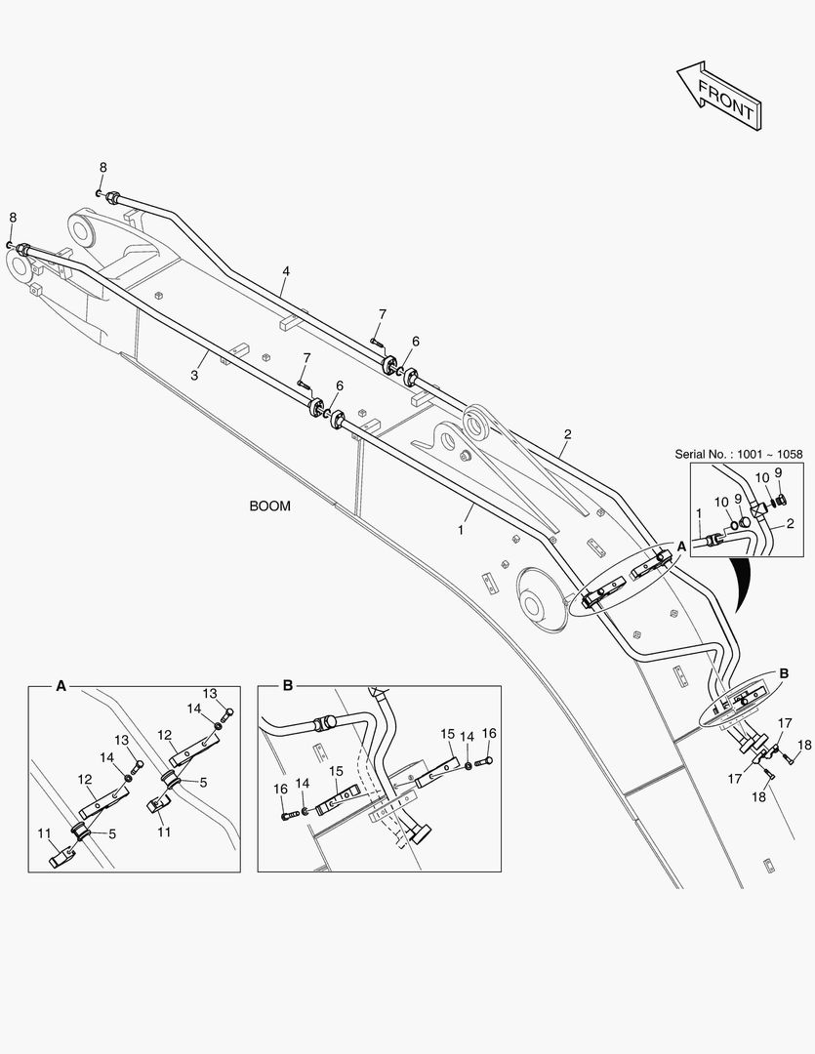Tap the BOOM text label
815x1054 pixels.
(269, 507)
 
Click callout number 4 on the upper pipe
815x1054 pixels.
(286, 270)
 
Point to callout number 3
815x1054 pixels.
(194, 374)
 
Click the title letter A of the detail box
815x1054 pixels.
(61, 686)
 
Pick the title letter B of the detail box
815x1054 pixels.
(287, 686)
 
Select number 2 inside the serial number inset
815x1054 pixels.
(790, 524)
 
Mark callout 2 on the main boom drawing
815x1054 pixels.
(567, 433)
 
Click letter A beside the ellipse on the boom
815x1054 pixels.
(680, 547)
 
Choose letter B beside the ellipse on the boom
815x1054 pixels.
(784, 673)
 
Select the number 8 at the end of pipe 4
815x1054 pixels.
(102, 168)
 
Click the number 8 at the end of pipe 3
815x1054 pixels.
(13, 217)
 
